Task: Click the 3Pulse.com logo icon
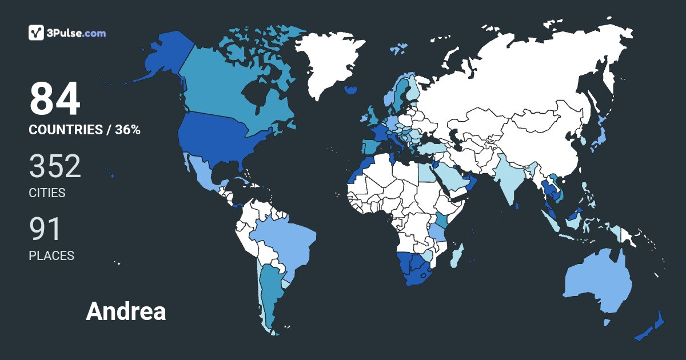click(x=37, y=33)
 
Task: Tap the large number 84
click(x=55, y=99)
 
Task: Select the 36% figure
click(x=127, y=130)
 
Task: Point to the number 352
click(x=55, y=166)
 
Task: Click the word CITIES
click(x=47, y=193)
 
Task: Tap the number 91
click(x=45, y=229)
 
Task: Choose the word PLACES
click(x=51, y=255)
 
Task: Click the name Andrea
click(x=126, y=311)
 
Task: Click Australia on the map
click(x=597, y=283)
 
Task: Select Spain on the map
click(x=370, y=146)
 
